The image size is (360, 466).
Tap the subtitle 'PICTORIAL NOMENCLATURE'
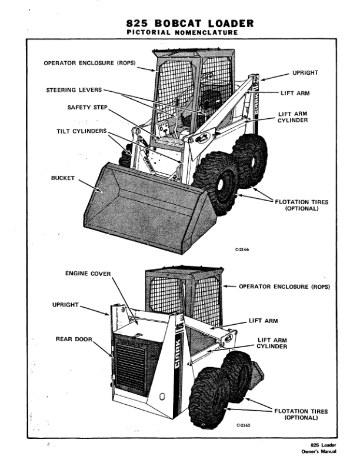pos(182,33)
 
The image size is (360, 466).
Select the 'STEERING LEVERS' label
pos(74,90)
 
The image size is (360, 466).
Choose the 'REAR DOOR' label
pos(74,339)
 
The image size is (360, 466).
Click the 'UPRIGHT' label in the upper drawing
pos(305,73)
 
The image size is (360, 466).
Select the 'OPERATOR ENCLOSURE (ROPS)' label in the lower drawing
pos(284,287)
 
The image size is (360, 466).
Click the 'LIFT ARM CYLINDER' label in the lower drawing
pos(272,343)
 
